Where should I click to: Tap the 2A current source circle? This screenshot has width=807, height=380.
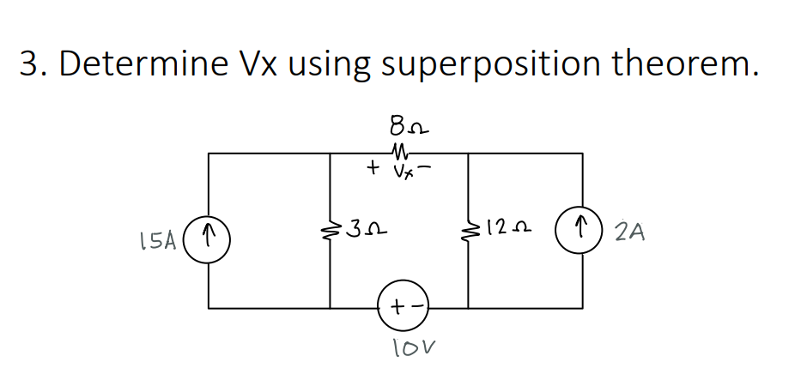585,230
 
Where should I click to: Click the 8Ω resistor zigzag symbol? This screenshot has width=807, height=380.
399,154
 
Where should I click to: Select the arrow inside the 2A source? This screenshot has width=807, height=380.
585,230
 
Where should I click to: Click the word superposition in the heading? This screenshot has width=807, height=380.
493,63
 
